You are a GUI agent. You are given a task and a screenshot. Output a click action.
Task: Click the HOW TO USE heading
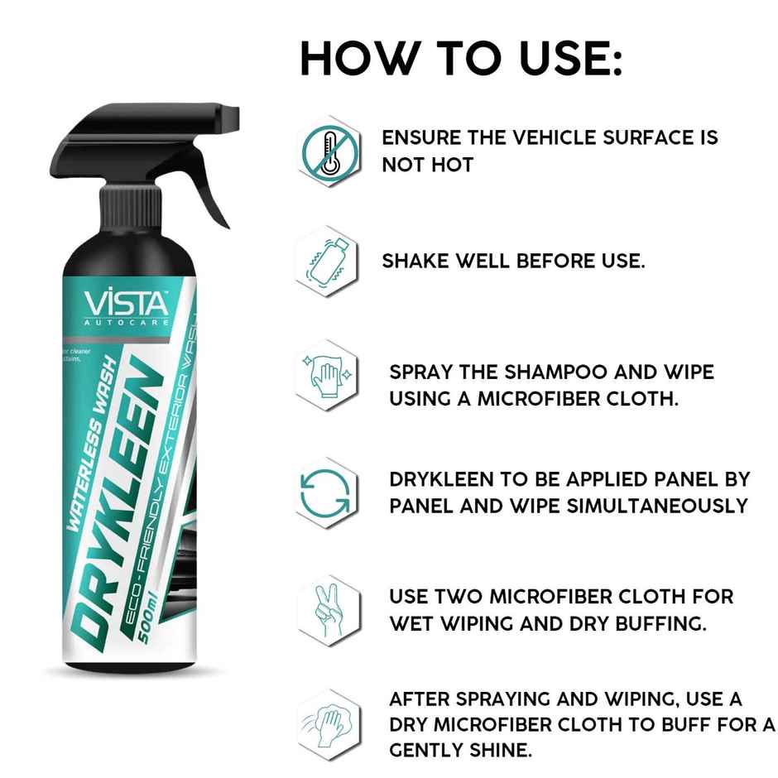point(460,59)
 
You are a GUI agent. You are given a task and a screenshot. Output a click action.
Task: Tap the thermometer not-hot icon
point(329,151)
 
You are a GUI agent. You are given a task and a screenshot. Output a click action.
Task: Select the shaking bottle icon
point(328,262)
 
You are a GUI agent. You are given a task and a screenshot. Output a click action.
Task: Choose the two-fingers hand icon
point(329,608)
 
